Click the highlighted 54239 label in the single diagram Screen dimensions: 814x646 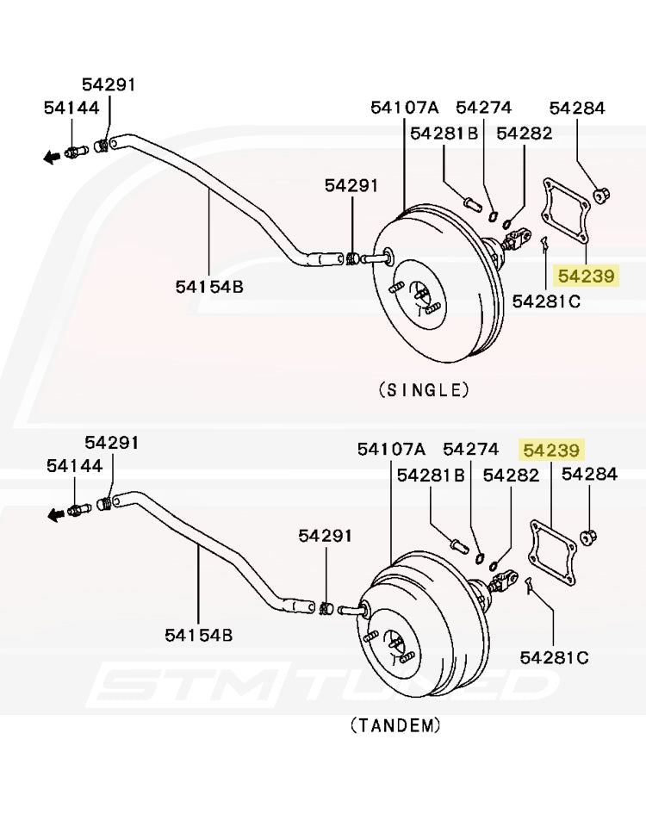tap(586, 276)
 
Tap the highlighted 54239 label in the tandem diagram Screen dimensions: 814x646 tap(552, 450)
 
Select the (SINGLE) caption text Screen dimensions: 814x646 tap(424, 389)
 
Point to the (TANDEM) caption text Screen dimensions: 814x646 tap(395, 725)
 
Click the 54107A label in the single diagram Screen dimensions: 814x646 tap(405, 108)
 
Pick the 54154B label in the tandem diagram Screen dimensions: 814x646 tap(199, 635)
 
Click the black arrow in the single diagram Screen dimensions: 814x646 tap(52, 156)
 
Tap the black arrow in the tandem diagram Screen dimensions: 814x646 tap(55, 514)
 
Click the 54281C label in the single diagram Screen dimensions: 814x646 tap(546, 301)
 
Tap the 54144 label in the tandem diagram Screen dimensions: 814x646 tap(74, 465)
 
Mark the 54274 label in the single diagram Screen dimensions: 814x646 tap(483, 108)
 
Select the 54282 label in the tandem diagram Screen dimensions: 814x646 tap(512, 475)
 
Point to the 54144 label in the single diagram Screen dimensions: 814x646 tap(71, 108)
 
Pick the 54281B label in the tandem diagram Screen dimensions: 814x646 tap(431, 475)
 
